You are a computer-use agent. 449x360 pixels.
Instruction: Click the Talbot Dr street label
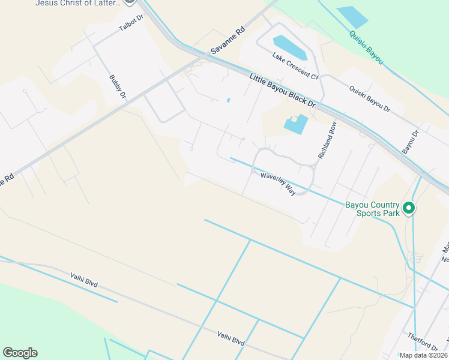click(x=132, y=23)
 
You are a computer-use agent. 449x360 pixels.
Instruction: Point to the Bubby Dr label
click(x=118, y=86)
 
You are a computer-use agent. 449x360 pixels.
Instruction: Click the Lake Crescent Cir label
click(x=295, y=66)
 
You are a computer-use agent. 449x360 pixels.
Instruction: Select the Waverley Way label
click(x=278, y=183)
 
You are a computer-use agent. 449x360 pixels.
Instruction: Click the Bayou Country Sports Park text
click(x=372, y=208)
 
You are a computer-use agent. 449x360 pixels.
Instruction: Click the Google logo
click(x=20, y=353)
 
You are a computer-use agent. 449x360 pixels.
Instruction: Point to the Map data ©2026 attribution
click(x=424, y=355)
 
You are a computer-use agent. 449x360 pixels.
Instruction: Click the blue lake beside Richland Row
click(x=295, y=124)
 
